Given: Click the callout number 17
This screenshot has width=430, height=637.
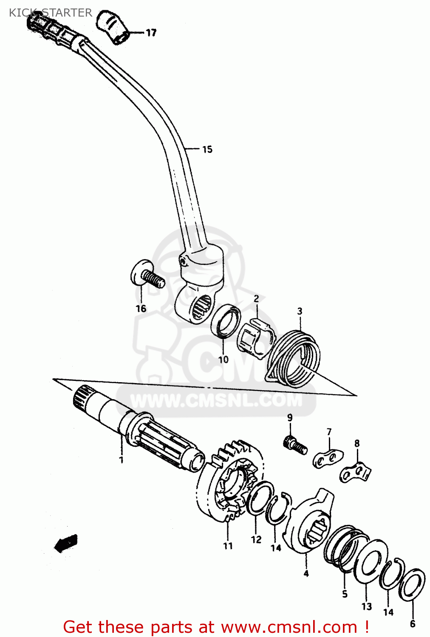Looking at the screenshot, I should [151, 33].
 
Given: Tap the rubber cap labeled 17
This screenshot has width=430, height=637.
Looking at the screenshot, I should [113, 27].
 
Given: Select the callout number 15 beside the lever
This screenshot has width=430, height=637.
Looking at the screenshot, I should [207, 149].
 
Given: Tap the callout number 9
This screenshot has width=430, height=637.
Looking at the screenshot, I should [290, 417].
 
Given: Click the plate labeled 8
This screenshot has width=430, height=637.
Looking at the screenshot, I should [356, 472].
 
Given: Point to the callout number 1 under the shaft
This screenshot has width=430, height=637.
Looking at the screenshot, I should [121, 460].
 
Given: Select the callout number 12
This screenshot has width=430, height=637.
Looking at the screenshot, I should [256, 539].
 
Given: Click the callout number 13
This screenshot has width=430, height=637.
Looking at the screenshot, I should [367, 606].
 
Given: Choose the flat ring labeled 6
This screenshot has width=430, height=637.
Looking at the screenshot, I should [412, 584].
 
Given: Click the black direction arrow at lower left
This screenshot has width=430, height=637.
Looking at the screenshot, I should [66, 543].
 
